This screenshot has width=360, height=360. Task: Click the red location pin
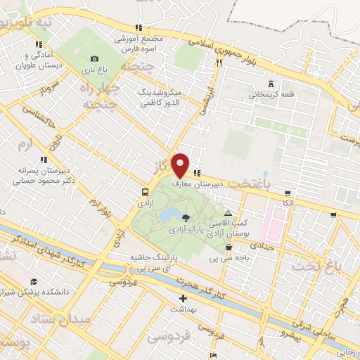click(181, 164)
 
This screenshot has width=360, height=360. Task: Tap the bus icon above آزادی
click(145, 191)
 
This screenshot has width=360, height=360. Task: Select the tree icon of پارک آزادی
click(186, 218)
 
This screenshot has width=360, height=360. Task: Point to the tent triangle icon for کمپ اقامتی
click(228, 212)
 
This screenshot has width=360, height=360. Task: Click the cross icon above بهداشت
click(183, 298)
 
